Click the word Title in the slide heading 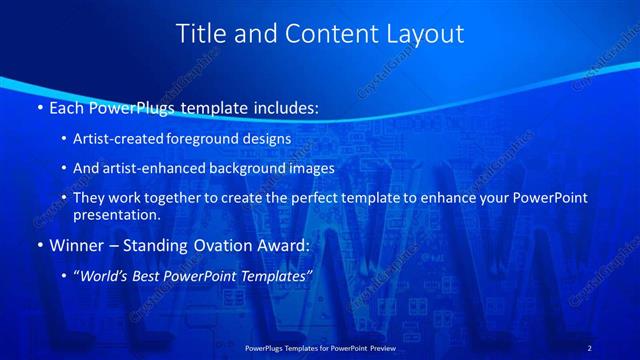point(201,34)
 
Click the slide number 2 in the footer point(589,347)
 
